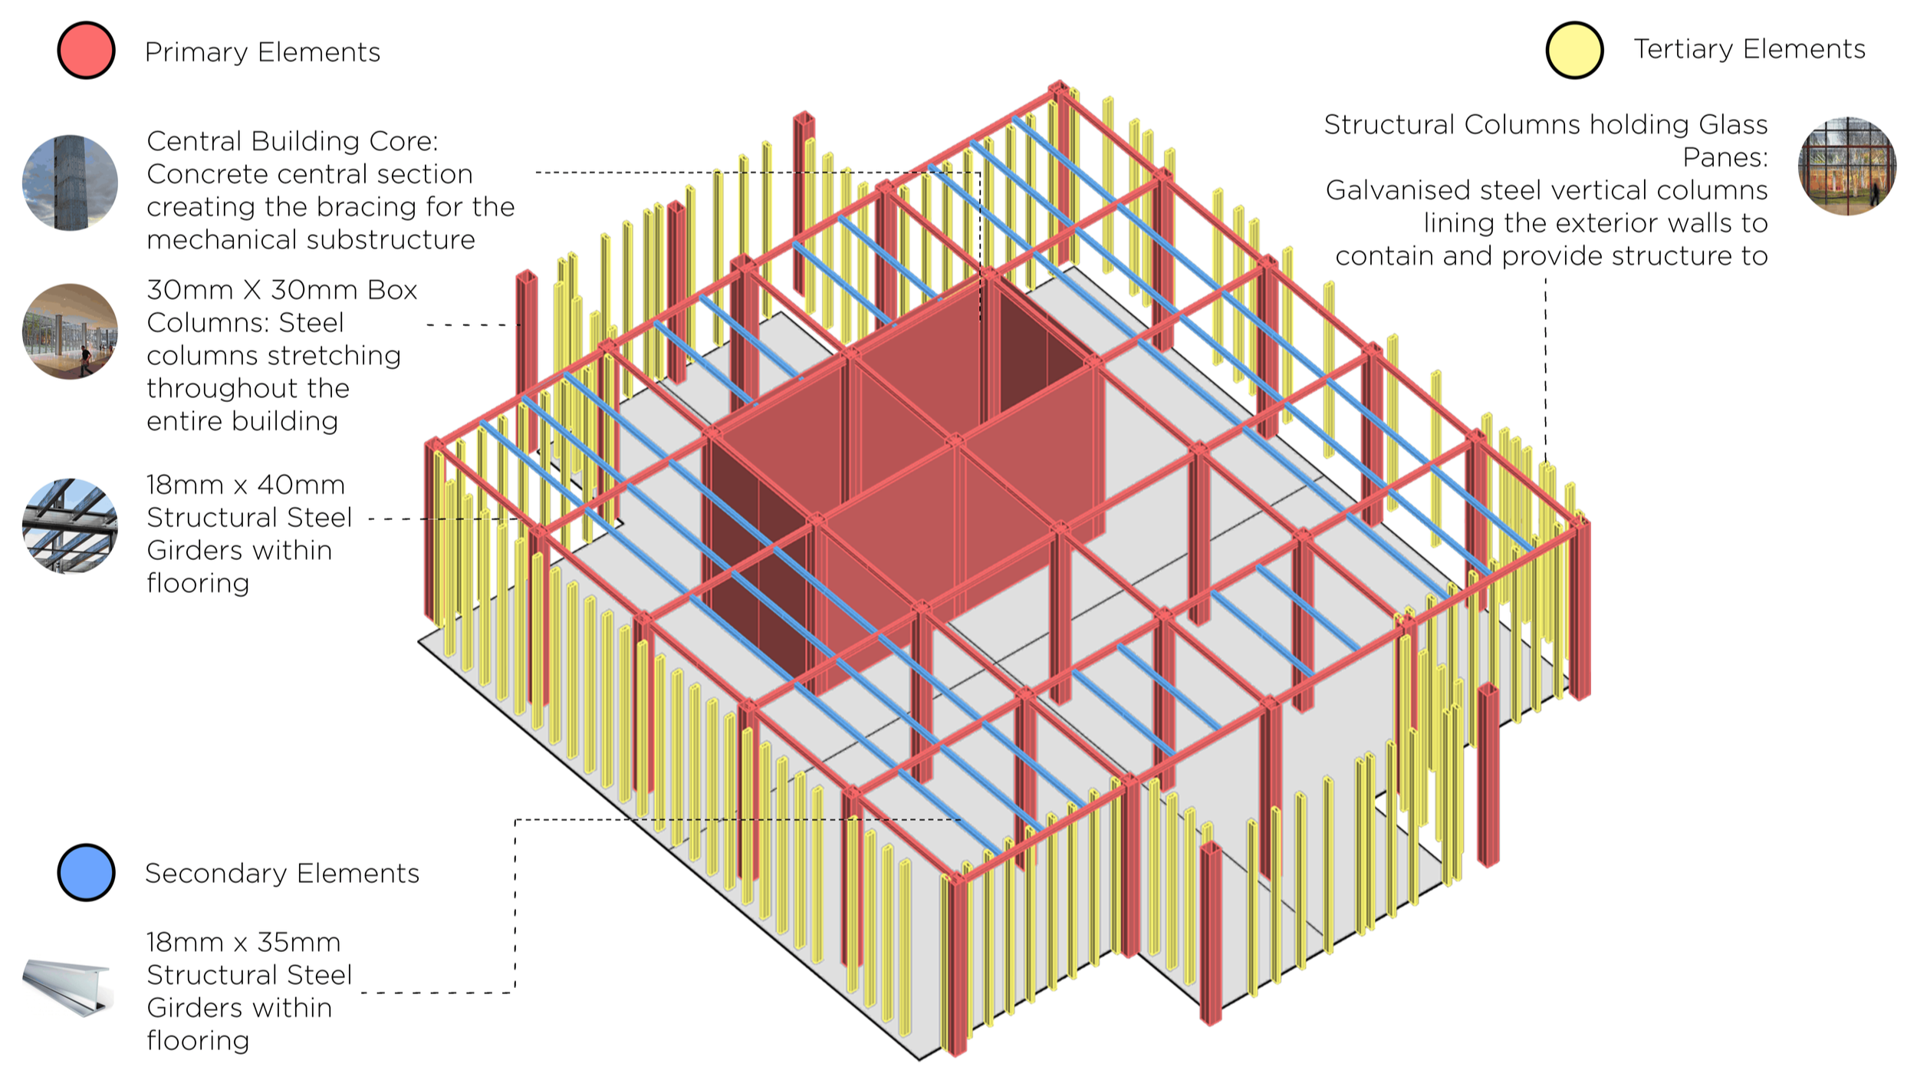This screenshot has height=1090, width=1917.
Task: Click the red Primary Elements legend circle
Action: coord(87,51)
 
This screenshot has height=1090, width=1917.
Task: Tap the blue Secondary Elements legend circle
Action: coord(87,872)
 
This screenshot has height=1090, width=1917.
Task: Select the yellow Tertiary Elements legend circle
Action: coord(1574,50)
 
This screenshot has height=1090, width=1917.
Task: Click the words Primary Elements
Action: coord(262,52)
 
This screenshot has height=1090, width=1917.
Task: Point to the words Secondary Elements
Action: coord(282,873)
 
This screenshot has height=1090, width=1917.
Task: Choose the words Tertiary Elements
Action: coord(1749,49)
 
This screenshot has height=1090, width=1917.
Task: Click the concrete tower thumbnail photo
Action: coord(70,183)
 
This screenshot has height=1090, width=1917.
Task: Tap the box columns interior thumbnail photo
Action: coord(70,331)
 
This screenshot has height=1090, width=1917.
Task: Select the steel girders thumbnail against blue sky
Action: coord(70,526)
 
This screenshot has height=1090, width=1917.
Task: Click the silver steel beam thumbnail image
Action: coord(67,987)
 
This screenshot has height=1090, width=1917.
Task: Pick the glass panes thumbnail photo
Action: coord(1846,166)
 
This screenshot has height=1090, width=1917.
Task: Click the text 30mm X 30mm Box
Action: coord(282,290)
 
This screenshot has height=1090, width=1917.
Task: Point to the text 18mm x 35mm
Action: coord(243,942)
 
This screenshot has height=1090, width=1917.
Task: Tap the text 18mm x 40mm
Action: coord(245,485)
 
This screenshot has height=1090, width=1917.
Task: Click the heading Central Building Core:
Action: coord(292,141)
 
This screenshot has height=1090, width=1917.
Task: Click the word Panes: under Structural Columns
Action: coord(1725,157)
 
